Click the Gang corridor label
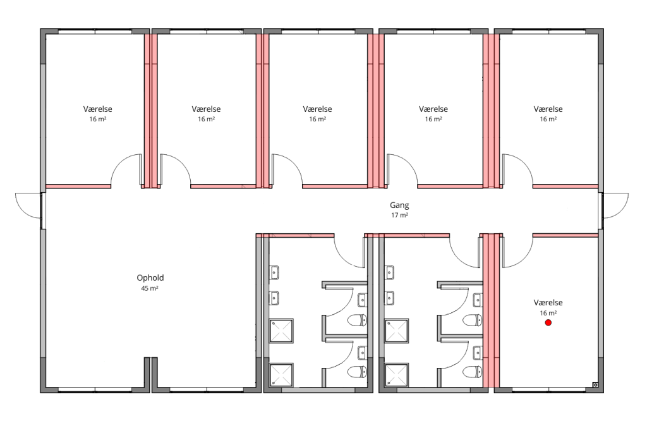(399, 205)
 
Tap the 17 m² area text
(399, 215)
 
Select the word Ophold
(150, 278)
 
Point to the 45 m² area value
(150, 288)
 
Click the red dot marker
(548, 323)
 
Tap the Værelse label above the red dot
(548, 303)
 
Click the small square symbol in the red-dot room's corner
(595, 385)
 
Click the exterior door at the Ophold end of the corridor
(28, 206)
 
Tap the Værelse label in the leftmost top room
(97, 109)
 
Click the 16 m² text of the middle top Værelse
(317, 119)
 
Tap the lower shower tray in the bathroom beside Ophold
(281, 375)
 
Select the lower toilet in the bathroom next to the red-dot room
(473, 372)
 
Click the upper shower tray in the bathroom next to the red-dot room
(397, 331)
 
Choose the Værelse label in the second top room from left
(206, 109)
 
